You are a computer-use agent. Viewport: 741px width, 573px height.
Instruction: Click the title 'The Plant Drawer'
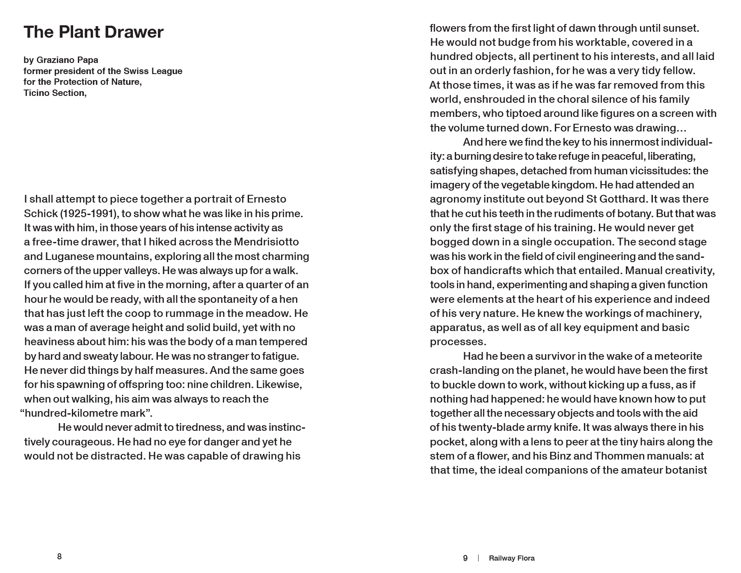coord(93,32)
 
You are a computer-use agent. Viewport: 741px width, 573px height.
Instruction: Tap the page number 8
coord(59,556)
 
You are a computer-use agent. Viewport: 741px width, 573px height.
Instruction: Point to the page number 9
coord(465,558)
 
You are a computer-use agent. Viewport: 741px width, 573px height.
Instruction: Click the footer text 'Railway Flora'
coord(512,558)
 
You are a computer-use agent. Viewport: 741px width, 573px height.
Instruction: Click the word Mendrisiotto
coord(266,242)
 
